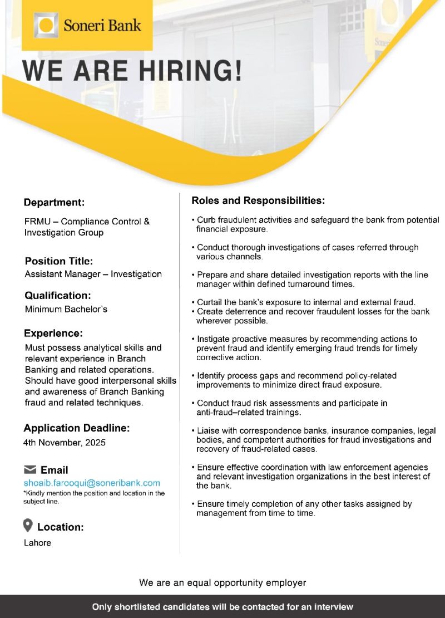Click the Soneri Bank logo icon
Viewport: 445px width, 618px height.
tap(46, 25)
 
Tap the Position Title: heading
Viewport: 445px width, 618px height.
tap(58, 261)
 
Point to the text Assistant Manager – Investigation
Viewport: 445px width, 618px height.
tap(93, 274)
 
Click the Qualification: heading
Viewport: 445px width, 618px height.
tap(57, 296)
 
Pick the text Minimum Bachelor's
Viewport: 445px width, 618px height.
tap(66, 309)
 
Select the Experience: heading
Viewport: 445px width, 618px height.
tap(53, 333)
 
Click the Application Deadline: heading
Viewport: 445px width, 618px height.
tap(76, 428)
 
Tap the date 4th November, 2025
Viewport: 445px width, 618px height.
tap(65, 443)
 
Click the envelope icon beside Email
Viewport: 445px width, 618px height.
tap(30, 470)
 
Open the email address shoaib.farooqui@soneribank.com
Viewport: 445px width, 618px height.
tap(92, 483)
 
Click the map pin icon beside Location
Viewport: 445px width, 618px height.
tap(28, 525)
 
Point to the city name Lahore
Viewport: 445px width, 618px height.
tap(37, 543)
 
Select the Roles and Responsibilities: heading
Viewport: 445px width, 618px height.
tap(258, 200)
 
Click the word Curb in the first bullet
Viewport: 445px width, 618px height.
tap(206, 220)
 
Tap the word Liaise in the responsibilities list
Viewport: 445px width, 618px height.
tap(209, 431)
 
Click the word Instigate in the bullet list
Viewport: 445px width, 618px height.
tap(214, 339)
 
